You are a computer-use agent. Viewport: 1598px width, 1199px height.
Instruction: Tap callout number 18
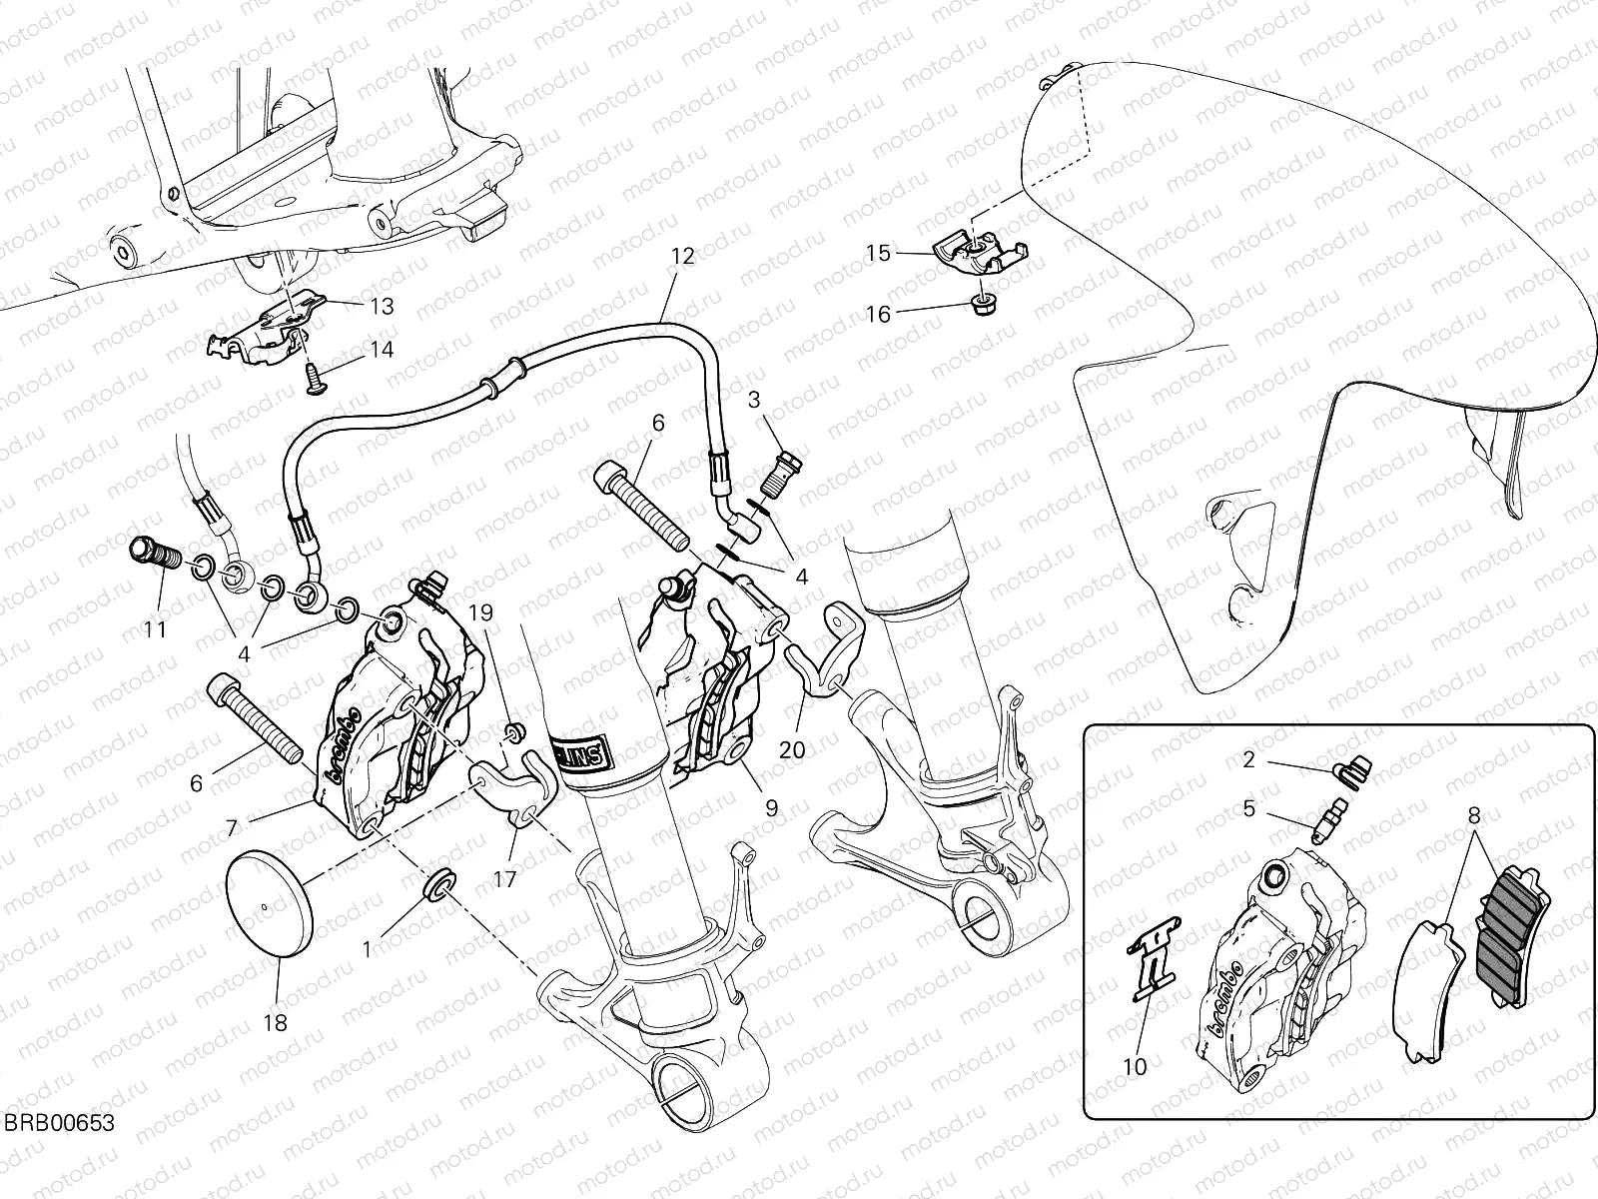click(x=276, y=1022)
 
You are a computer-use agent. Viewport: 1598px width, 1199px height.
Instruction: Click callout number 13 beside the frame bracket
click(x=381, y=306)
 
